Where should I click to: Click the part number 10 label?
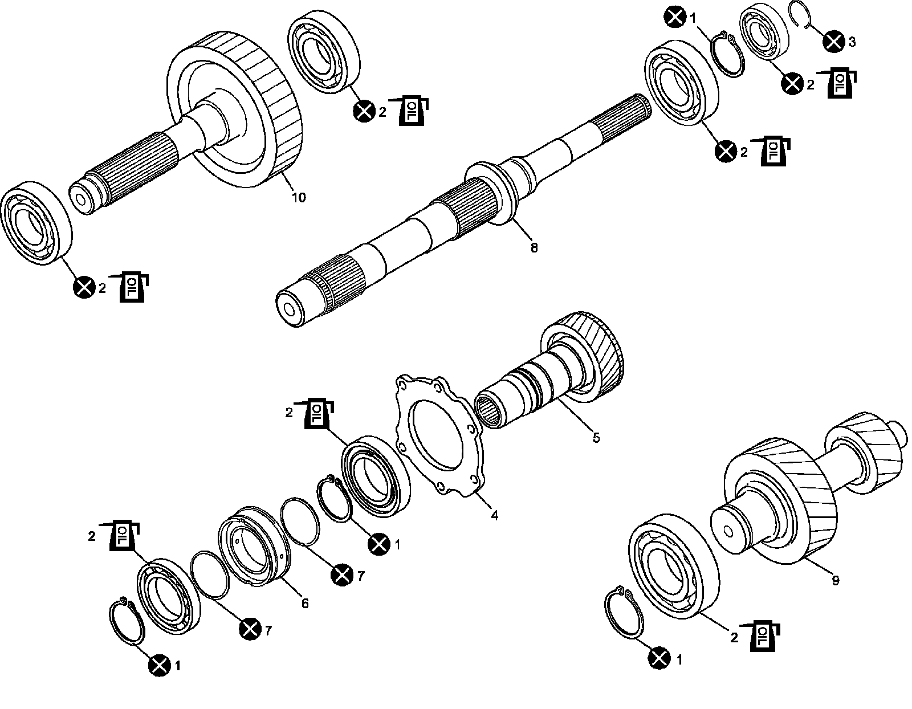[299, 198]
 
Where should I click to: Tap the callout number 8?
[534, 248]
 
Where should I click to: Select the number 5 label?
[596, 438]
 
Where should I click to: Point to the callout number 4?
[495, 515]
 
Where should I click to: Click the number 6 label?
[305, 603]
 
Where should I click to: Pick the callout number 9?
[835, 581]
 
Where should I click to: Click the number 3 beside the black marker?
[852, 42]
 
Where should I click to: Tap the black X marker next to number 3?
[833, 41]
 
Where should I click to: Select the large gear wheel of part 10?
[239, 108]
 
